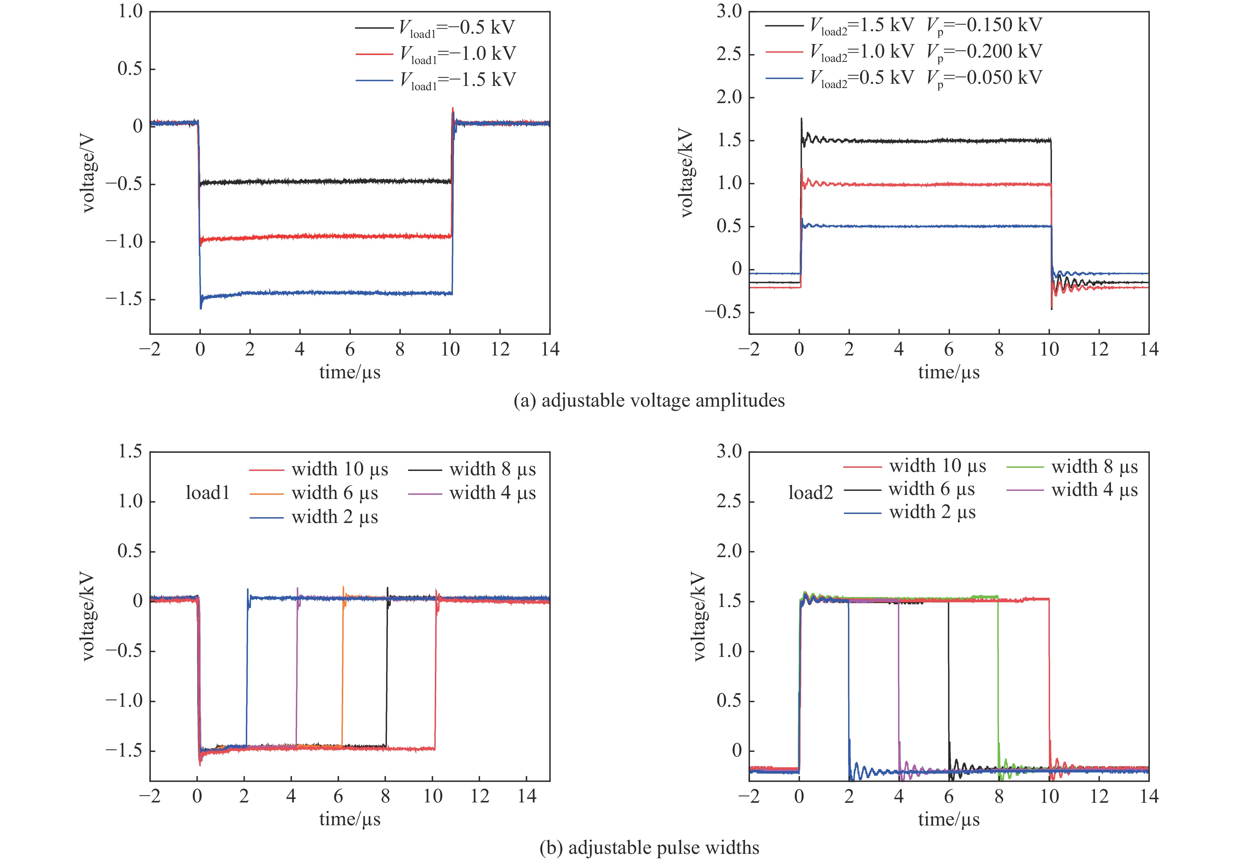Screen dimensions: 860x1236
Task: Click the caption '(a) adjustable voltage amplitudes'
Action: pyautogui.click(x=649, y=401)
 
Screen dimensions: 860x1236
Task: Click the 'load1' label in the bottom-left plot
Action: pyautogui.click(x=208, y=493)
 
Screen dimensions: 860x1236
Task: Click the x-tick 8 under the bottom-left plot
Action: pyautogui.click(x=385, y=796)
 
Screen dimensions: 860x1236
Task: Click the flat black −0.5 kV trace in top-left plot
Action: pyautogui.click(x=323, y=182)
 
